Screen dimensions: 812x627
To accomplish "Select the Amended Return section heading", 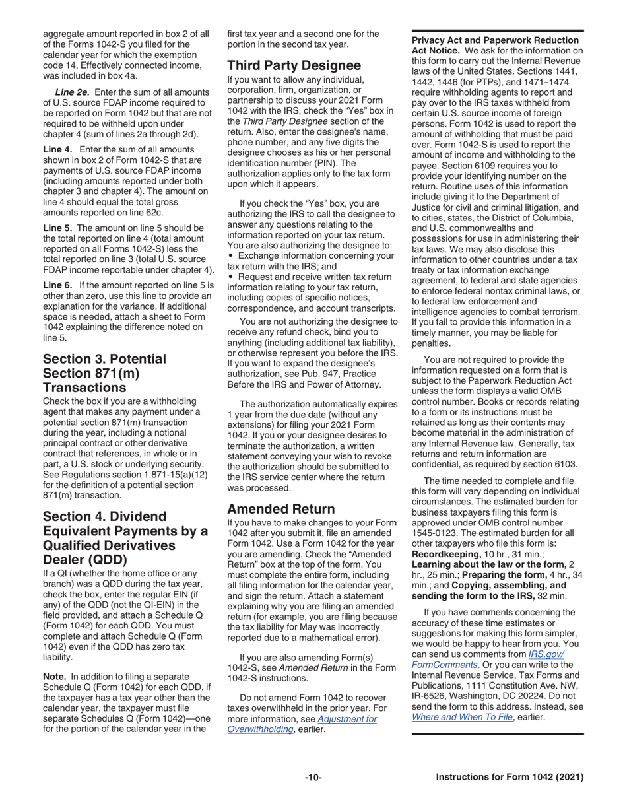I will coord(281,509).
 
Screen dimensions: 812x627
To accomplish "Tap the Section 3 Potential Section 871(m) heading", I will coord(104,373).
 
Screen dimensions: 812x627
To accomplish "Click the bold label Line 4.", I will coord(58,151).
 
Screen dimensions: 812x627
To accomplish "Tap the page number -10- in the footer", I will coord(313,778).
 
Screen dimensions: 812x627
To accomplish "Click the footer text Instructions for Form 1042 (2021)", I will coord(510,778).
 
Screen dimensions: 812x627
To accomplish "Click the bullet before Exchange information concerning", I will coord(230,255).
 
